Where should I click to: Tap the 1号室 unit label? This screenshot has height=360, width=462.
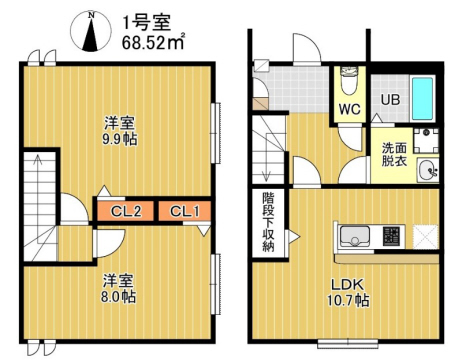coord(141,20)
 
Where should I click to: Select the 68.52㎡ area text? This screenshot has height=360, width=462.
coord(151,42)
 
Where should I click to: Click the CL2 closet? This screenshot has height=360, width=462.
coord(125,211)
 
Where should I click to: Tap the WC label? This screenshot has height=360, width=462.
coord(348,108)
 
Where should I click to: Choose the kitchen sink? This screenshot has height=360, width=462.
coord(355,238)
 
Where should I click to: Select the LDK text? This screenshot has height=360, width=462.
coord(347,282)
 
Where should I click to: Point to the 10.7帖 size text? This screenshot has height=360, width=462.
coord(348,300)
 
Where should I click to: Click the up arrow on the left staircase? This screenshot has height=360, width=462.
coord(39,170)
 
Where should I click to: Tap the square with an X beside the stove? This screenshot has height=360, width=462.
coord(424,237)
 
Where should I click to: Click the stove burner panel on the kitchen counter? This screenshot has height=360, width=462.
coord(391,238)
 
